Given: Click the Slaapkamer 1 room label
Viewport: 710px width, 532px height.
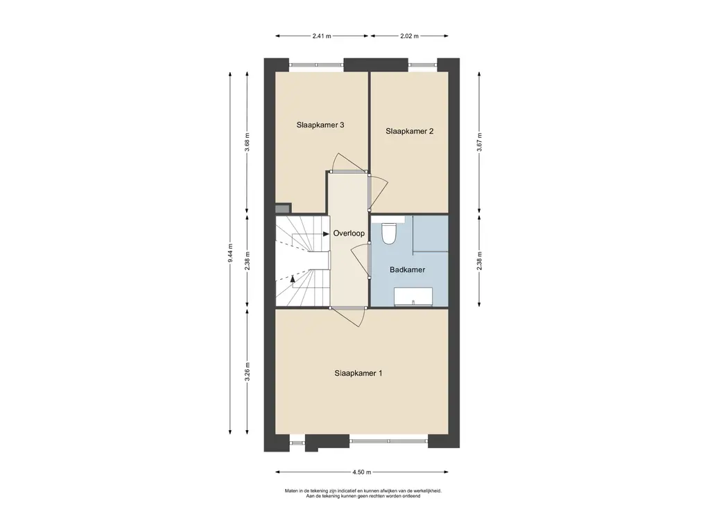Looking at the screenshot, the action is (x=358, y=373).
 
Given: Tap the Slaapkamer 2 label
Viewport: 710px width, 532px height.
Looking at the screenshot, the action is (x=409, y=131).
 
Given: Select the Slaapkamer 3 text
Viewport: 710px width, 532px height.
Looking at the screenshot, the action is (x=320, y=125).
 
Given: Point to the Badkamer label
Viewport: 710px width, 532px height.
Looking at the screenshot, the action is (x=407, y=269).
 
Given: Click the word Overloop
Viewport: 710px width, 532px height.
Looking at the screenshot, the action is (x=349, y=233).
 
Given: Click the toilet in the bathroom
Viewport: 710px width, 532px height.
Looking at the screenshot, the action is (x=388, y=233).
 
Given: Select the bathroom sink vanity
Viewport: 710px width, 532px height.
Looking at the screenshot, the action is (x=413, y=296).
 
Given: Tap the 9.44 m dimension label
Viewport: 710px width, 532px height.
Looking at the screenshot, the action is (x=230, y=254).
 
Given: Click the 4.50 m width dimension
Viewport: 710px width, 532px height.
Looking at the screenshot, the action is (x=362, y=472).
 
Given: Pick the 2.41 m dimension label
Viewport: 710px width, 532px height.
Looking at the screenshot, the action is (x=322, y=36).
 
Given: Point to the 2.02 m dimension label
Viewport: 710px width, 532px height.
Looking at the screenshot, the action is (x=409, y=36).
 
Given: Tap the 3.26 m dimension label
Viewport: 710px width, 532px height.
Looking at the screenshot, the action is (x=248, y=372).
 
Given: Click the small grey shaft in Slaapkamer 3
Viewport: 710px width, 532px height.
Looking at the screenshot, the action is (x=283, y=209).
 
